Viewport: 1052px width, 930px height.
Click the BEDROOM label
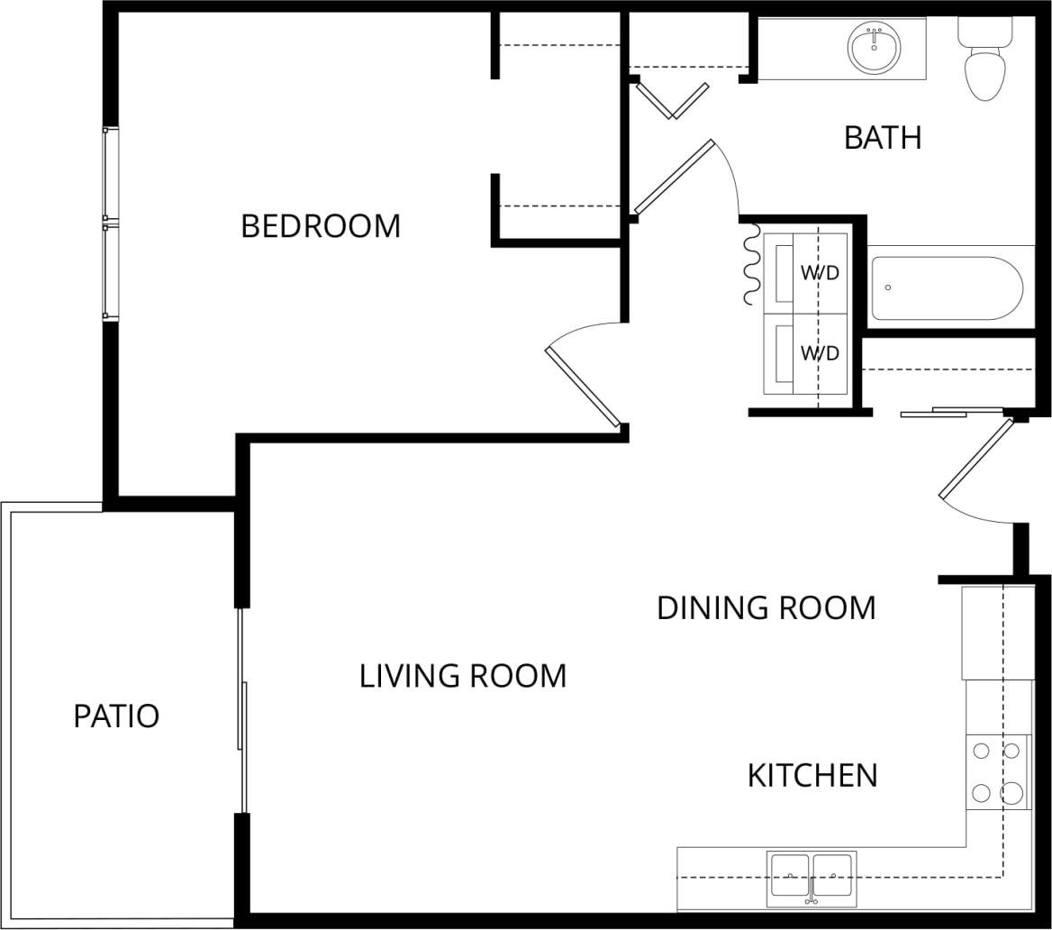(321, 226)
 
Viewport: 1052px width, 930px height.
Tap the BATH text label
(883, 138)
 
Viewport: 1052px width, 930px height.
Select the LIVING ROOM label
(463, 675)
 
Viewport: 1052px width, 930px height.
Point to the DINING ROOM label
(766, 607)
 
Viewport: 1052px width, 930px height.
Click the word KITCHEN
(812, 775)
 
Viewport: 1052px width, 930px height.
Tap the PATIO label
(116, 716)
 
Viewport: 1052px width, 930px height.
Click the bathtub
(946, 288)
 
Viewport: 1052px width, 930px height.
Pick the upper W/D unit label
(820, 273)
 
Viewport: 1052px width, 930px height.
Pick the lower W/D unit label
(820, 353)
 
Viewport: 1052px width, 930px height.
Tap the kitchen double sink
(812, 876)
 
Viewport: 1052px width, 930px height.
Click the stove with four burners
(999, 773)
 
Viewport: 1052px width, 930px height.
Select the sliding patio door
(242, 712)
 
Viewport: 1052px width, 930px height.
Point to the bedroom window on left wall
(110, 223)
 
